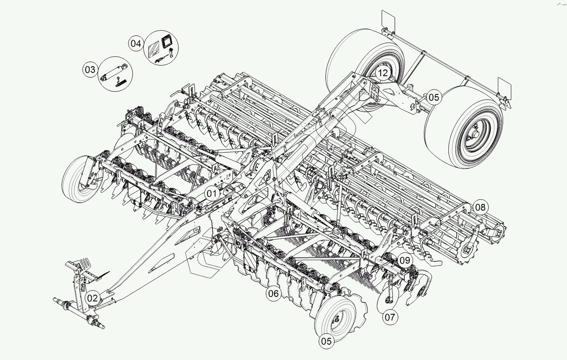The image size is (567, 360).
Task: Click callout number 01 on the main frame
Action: pyautogui.click(x=212, y=193)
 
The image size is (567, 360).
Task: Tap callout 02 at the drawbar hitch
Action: pyautogui.click(x=92, y=298)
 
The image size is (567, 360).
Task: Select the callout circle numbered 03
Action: pyautogui.click(x=90, y=69)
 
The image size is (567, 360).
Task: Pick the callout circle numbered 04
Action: pyautogui.click(x=136, y=43)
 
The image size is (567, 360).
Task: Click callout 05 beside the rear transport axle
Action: pyautogui.click(x=434, y=97)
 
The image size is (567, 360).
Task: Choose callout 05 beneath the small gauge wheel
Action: pyautogui.click(x=326, y=341)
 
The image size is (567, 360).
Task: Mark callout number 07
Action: pyautogui.click(x=390, y=317)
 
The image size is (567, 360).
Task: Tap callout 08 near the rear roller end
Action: pyautogui.click(x=480, y=207)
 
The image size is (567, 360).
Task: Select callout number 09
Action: pyautogui.click(x=405, y=261)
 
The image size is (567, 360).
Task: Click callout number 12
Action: pyautogui.click(x=382, y=73)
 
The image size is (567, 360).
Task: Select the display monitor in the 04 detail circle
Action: pyautogui.click(x=167, y=41)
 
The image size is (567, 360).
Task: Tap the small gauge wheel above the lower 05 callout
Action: pyautogui.click(x=336, y=317)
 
